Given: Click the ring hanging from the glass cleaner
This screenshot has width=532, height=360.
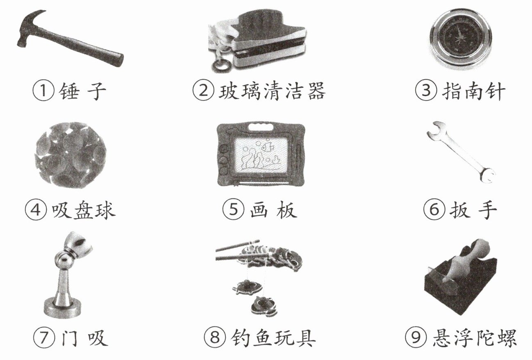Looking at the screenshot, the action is click(221, 65).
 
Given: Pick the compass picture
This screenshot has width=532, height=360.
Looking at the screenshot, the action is click(461, 39).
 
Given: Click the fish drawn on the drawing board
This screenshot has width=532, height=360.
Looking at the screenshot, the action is click(267, 146).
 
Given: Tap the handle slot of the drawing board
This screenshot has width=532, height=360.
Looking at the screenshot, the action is click(261, 127).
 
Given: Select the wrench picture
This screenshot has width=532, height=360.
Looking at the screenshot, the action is click(461, 152).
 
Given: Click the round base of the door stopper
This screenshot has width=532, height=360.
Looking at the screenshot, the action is click(62, 309).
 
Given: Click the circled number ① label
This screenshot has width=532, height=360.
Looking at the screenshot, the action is click(43, 91).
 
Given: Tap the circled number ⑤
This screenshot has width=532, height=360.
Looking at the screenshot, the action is click(233, 210).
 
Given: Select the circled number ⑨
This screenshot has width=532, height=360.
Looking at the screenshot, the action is click(416, 337).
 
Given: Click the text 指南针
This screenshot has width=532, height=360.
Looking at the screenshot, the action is click(473, 91).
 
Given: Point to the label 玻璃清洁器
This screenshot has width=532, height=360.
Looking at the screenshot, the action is click(272, 91).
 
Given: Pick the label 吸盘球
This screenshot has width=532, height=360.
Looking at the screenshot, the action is click(84, 210).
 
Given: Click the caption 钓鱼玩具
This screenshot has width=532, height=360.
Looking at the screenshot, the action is click(273, 337).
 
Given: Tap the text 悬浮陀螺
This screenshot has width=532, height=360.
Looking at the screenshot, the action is click(475, 337).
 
